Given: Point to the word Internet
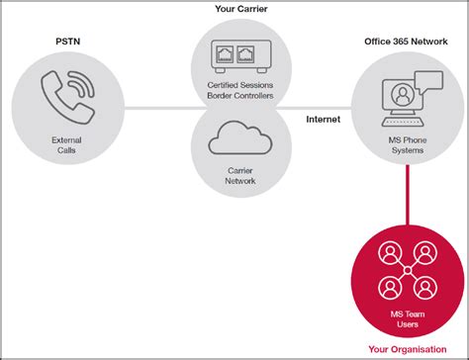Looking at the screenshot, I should (x=323, y=119).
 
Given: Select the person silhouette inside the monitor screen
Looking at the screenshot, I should (x=400, y=96).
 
